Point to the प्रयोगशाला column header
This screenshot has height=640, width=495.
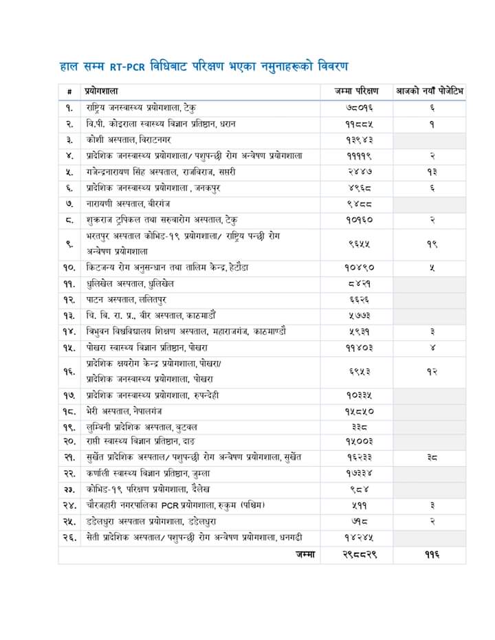click(x=102, y=91)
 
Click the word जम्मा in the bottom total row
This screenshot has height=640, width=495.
click(x=305, y=554)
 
